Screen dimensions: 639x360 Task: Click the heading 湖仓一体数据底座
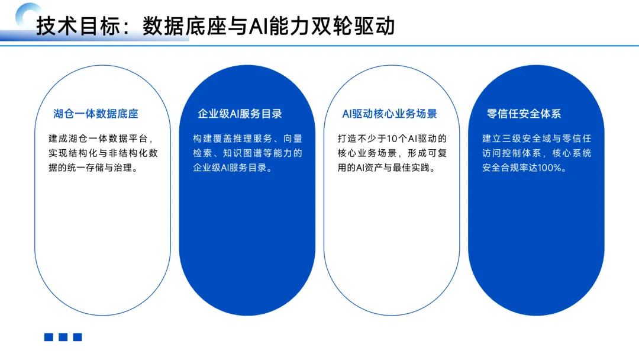pyautogui.click(x=95, y=114)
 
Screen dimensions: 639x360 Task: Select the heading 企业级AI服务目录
pyautogui.click(x=240, y=114)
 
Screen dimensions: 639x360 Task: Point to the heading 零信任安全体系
pyautogui.click(x=524, y=114)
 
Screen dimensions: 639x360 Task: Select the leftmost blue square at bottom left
pyautogui.click(x=49, y=337)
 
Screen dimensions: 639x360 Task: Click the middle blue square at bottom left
pyautogui.click(x=63, y=337)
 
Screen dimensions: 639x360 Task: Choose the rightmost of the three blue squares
pyautogui.click(x=78, y=337)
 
